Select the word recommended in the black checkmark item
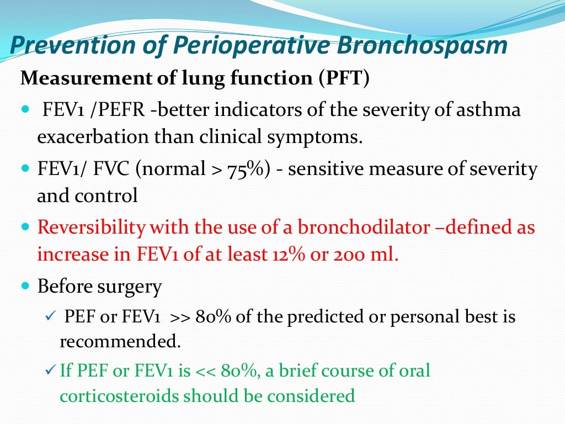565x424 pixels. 120,341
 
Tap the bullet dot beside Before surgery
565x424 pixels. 26,287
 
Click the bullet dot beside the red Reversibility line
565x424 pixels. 26,226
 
